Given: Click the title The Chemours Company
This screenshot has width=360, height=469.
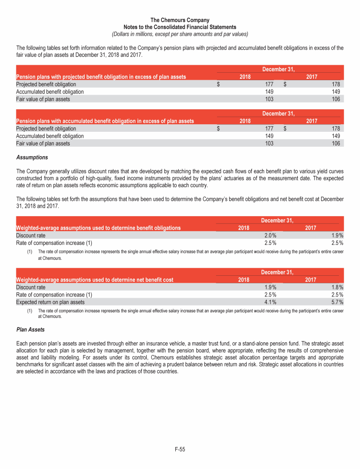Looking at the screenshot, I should tap(180, 20).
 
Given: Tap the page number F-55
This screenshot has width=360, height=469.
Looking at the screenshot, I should tap(180, 449).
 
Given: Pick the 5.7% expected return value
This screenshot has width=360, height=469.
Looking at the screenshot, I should tap(337, 303).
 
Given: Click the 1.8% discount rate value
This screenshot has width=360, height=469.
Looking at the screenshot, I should tap(337, 287).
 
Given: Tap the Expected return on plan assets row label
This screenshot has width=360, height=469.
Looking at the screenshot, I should tap(51, 303).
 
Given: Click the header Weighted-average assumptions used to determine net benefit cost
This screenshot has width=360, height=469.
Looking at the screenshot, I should tap(95, 280).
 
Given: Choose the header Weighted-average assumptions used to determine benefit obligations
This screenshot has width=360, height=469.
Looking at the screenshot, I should tap(98, 228).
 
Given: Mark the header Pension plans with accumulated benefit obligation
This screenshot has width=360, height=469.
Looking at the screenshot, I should tap(105, 121).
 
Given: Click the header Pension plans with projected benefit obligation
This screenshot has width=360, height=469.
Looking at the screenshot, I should tap(101, 77).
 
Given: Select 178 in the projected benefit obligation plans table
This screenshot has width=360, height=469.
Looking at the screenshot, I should tap(338, 84).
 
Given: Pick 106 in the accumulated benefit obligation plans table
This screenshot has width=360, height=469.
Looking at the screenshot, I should tap(338, 144).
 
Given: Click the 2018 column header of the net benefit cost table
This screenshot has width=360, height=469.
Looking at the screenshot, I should tap(244, 280).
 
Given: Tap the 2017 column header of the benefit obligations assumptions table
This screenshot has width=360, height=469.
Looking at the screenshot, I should tap(311, 228).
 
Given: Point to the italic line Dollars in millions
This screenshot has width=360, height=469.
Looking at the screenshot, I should tap(180, 34).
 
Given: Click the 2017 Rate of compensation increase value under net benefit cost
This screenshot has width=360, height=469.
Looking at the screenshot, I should tap(337, 295).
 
